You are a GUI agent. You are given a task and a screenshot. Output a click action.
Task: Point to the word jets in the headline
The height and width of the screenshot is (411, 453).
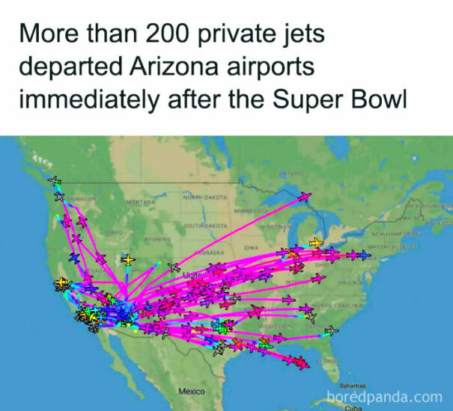(310, 34)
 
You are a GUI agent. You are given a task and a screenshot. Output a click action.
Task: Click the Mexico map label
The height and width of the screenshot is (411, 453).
(192, 392)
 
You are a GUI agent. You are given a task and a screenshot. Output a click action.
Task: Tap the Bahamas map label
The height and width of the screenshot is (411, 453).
(351, 386)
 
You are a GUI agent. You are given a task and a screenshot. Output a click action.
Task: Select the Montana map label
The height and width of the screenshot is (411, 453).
(141, 202)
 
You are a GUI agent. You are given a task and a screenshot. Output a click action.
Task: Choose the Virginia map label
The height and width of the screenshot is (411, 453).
(351, 284)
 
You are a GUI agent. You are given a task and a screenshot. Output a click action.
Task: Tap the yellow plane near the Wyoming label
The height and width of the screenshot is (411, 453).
(129, 260)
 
